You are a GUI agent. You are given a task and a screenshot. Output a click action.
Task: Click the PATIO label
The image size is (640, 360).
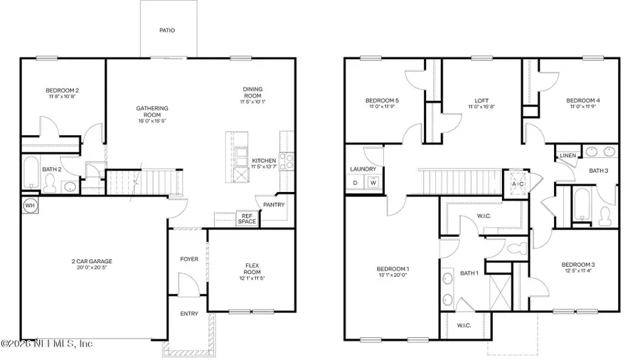click(166, 31)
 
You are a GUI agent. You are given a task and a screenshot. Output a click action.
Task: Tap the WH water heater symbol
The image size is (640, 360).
click(30, 205)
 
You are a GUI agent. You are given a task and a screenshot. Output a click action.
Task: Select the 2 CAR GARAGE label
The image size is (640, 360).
click(92, 261)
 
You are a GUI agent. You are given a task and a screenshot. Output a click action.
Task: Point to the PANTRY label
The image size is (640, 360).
click(274, 205)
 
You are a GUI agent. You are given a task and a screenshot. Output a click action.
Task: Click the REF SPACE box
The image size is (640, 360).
click(247, 218)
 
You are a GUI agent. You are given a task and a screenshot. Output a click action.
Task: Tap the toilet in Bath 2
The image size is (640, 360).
click(50, 184)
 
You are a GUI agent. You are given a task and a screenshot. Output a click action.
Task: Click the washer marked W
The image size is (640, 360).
click(372, 183)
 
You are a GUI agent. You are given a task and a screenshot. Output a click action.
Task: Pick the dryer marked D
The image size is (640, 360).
click(356, 183)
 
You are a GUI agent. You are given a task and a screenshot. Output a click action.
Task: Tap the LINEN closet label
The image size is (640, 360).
click(567, 155)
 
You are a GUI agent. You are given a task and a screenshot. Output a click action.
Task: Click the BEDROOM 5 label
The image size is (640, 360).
click(382, 100)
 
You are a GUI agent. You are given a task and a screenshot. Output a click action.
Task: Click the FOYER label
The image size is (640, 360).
click(189, 259)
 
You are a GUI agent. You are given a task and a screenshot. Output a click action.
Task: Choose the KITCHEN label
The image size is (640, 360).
click(264, 161)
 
